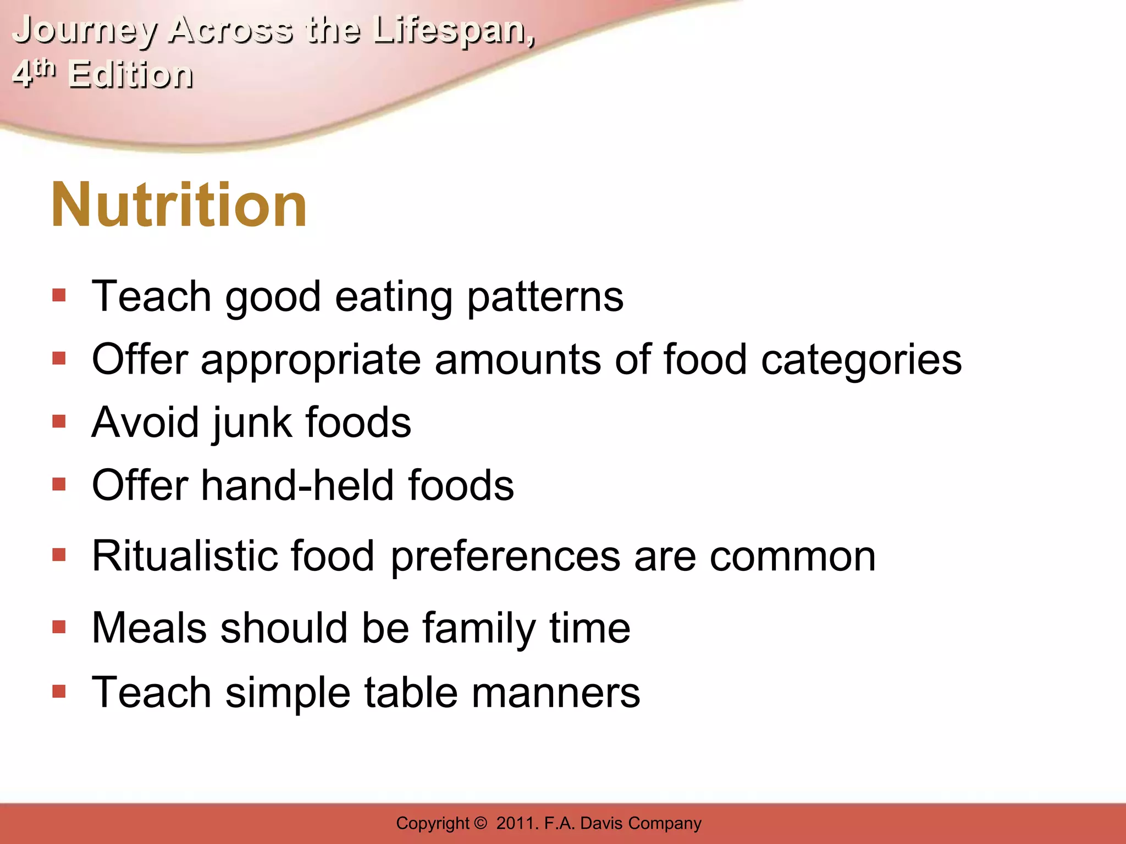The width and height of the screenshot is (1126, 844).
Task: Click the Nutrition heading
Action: click(x=179, y=205)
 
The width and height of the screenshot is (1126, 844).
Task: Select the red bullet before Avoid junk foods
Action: click(x=59, y=421)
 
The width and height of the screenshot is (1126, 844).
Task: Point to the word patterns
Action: click(x=545, y=297)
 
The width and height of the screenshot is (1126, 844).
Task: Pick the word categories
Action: click(x=861, y=360)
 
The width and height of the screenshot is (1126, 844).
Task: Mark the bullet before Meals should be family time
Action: click(x=59, y=627)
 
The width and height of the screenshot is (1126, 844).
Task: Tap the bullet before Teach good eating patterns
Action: click(x=59, y=296)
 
